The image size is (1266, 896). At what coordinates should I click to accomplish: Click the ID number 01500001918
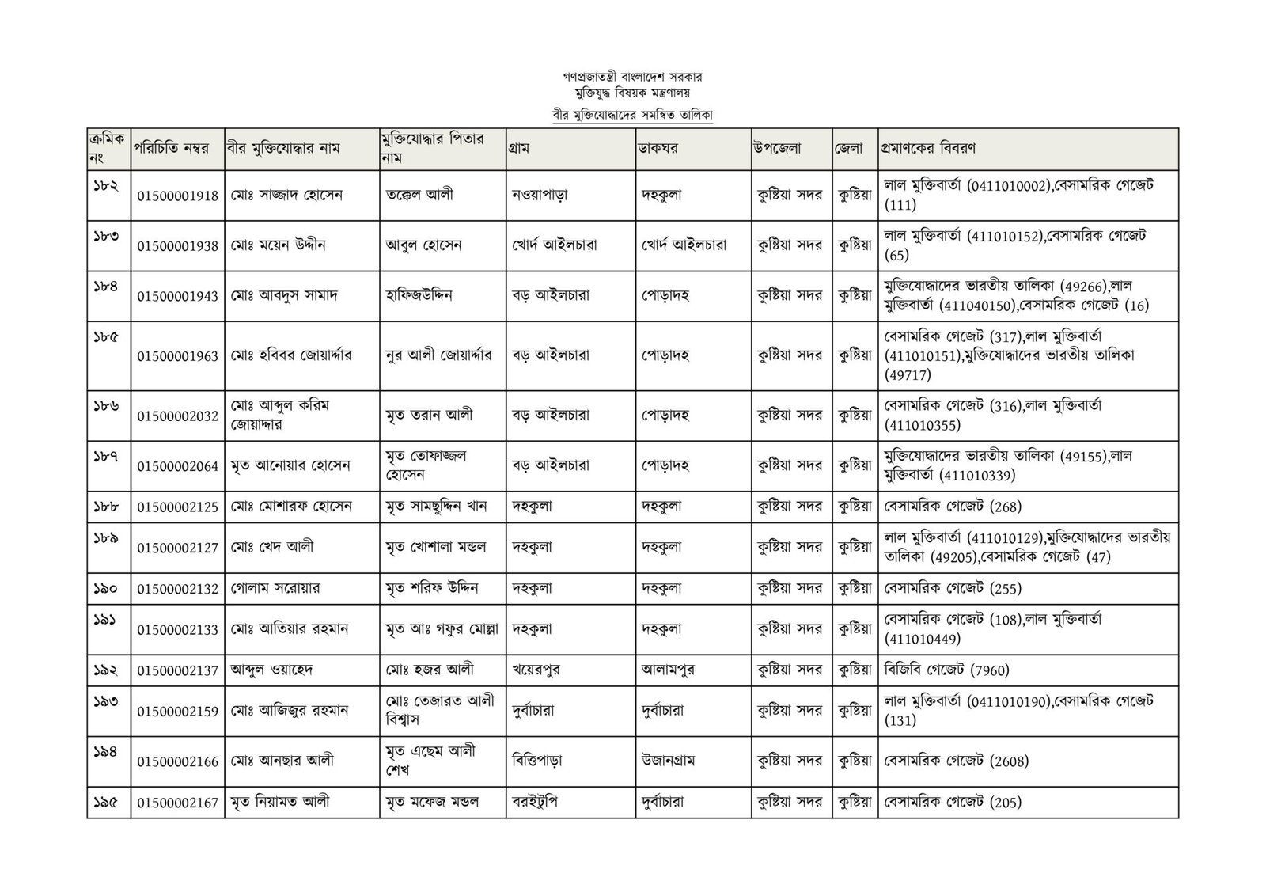177,196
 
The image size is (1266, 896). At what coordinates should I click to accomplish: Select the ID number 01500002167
177,803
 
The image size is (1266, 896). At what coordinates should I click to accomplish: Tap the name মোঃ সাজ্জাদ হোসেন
287,195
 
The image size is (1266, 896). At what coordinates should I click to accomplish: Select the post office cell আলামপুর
672,670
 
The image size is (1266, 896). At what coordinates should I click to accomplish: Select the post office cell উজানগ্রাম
669,761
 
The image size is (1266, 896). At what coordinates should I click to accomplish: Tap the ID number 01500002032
177,416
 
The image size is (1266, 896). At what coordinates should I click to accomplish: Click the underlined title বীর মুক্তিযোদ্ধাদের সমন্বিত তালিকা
633,115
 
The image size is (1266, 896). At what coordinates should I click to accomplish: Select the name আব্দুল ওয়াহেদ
271,670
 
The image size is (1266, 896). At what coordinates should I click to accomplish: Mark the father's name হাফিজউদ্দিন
419,295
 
